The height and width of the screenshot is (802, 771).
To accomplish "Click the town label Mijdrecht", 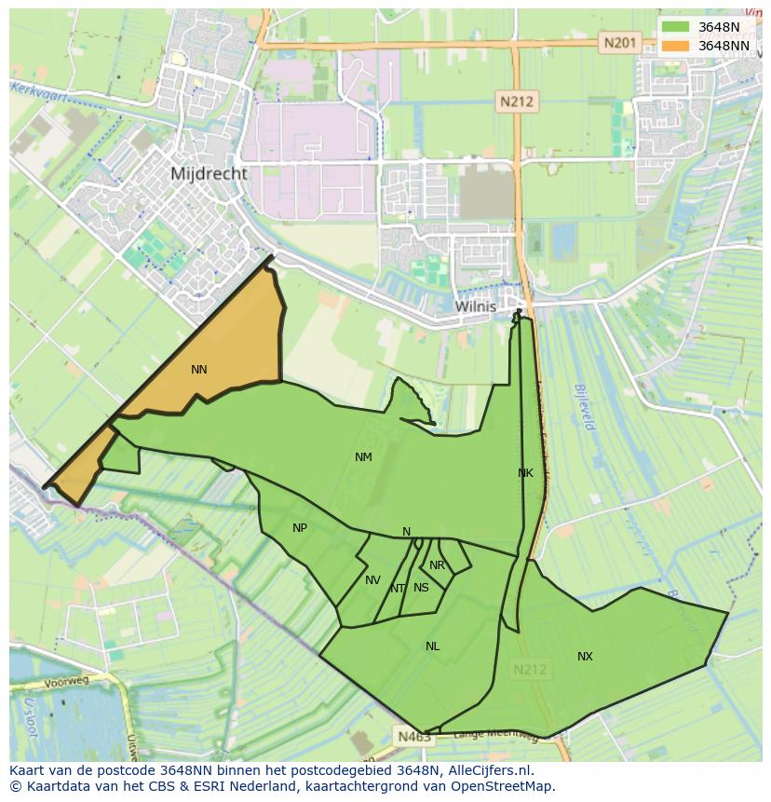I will (x=209, y=173).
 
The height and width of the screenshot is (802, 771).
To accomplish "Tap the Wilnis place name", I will (x=476, y=306).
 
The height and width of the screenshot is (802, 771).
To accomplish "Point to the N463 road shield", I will (x=413, y=736).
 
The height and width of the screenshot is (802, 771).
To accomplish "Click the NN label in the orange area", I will (x=198, y=370).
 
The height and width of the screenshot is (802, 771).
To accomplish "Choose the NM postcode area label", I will (x=363, y=457).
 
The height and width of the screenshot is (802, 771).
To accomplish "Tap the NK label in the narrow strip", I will (x=525, y=473).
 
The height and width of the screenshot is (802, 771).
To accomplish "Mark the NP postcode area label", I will (x=299, y=528).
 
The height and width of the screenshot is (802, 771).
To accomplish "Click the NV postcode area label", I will (x=372, y=580).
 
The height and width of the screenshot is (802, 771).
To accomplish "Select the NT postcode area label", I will (x=398, y=589).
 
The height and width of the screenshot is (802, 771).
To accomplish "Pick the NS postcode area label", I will (x=421, y=588).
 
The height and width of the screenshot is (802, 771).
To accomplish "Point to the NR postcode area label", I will (x=437, y=565).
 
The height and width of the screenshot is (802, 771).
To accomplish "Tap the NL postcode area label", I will (x=432, y=646).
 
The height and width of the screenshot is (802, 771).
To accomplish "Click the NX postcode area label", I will (x=585, y=657).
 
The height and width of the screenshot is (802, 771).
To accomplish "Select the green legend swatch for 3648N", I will (x=676, y=27).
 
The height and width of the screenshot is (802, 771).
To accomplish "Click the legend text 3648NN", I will (x=724, y=46).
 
